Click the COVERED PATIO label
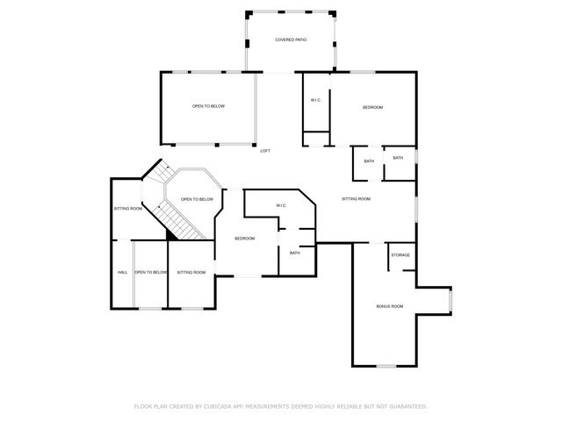click(x=291, y=40)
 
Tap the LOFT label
click(x=265, y=151)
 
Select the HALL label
click(x=123, y=272)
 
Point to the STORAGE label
click(x=400, y=255)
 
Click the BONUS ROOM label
click(x=389, y=306)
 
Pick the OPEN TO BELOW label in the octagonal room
click(x=197, y=199)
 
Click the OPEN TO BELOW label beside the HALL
click(x=150, y=272)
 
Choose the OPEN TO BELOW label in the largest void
click(x=208, y=106)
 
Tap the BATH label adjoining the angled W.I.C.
click(x=294, y=253)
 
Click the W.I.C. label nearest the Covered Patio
click(x=315, y=100)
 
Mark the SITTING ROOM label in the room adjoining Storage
click(x=356, y=199)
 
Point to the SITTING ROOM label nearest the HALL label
click(x=127, y=209)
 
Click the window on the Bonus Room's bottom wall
click(x=386, y=365)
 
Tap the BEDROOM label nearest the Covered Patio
click(x=373, y=107)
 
